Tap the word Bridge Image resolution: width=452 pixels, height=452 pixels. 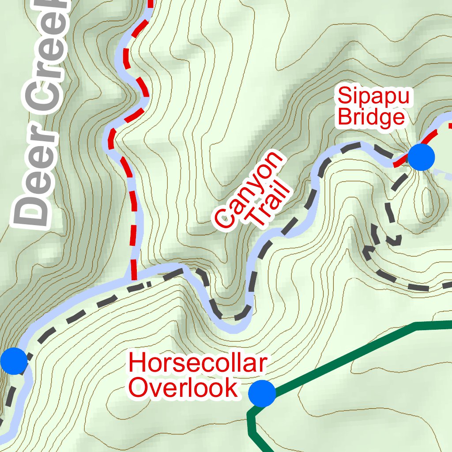[370, 117]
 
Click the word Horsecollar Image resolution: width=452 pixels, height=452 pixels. [198, 363]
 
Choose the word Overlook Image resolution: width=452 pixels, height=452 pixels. [183, 388]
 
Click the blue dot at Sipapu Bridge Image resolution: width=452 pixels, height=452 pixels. [421, 157]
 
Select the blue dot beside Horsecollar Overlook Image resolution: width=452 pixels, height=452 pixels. [262, 393]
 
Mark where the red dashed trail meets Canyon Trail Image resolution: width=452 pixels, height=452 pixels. [133, 279]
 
